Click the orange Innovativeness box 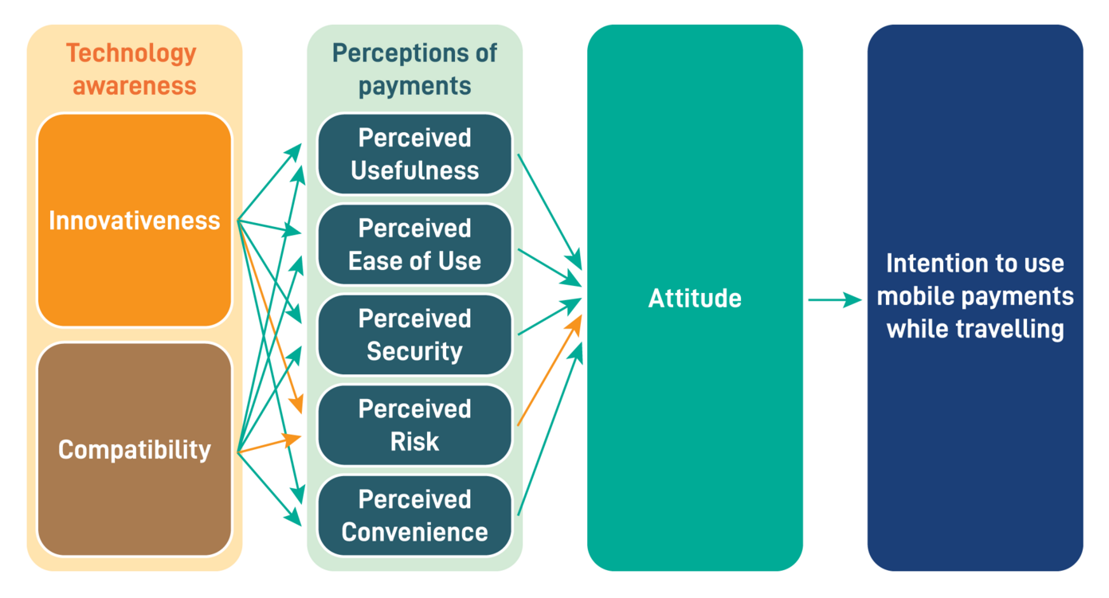coord(134,220)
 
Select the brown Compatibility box coord(134,449)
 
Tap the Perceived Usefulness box coord(414,154)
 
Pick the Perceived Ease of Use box coord(414,244)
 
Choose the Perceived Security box coord(414,334)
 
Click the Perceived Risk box coord(414,425)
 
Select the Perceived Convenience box coord(414,515)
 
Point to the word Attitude coord(695,298)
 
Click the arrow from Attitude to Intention coord(834,300)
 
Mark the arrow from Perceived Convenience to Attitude coord(550,430)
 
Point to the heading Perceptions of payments coord(414,69)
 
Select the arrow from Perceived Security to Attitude coord(550,317)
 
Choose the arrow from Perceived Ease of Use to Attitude coord(550,266)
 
